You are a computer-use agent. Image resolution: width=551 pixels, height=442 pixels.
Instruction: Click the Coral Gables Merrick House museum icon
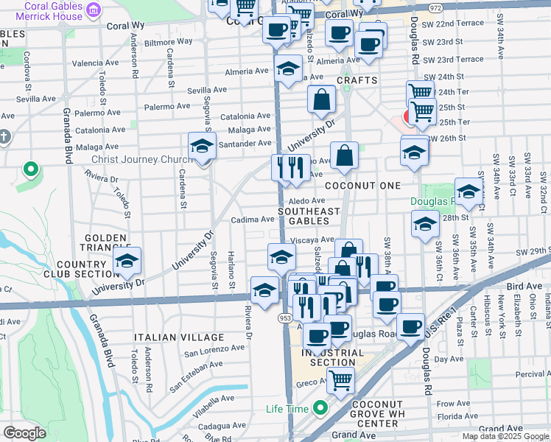point(94,9)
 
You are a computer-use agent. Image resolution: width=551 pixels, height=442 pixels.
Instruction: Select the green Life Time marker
point(320,407)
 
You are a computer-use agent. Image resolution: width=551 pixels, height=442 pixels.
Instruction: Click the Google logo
point(25,433)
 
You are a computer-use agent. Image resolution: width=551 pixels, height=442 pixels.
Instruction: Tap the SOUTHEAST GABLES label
point(309,216)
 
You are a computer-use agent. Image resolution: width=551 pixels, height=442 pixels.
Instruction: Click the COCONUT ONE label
point(362,186)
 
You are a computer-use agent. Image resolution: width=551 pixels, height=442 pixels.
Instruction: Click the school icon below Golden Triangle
point(127,262)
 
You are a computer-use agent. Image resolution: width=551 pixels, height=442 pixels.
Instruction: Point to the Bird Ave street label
point(523,284)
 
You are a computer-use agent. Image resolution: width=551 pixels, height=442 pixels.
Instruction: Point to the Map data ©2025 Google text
point(505,435)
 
